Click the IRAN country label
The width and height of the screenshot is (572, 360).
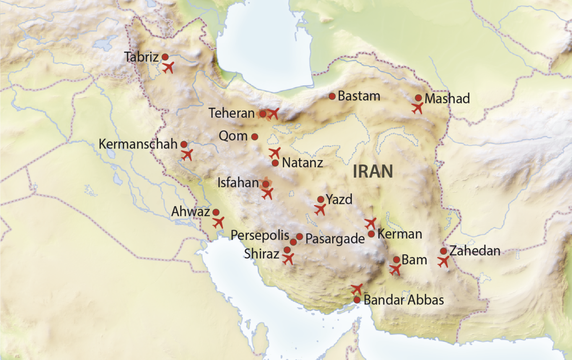click(x=373, y=171)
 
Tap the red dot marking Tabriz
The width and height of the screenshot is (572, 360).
click(x=165, y=57)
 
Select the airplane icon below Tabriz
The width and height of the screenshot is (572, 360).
click(x=168, y=67)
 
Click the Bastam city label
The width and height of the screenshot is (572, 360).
click(x=359, y=96)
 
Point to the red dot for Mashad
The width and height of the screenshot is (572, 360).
click(x=418, y=98)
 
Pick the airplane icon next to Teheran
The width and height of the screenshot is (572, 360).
click(x=273, y=114)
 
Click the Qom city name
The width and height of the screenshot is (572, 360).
click(x=233, y=136)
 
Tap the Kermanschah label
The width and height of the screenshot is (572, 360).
click(x=138, y=144)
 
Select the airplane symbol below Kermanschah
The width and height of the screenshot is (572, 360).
click(x=187, y=154)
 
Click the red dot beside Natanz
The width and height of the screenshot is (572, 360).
click(x=275, y=163)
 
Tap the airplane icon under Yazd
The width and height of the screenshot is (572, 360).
click(x=320, y=210)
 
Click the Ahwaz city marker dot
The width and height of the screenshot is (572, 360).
click(x=216, y=212)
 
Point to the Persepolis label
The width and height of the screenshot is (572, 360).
click(x=260, y=235)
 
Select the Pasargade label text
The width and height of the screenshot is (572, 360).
click(x=335, y=238)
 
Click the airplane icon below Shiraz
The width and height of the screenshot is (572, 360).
click(x=288, y=259)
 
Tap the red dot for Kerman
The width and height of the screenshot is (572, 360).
click(x=371, y=234)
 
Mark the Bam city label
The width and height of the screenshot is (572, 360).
click(x=414, y=260)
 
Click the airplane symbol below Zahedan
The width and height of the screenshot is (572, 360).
click(x=443, y=261)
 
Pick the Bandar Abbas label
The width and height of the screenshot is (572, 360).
click(x=404, y=300)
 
